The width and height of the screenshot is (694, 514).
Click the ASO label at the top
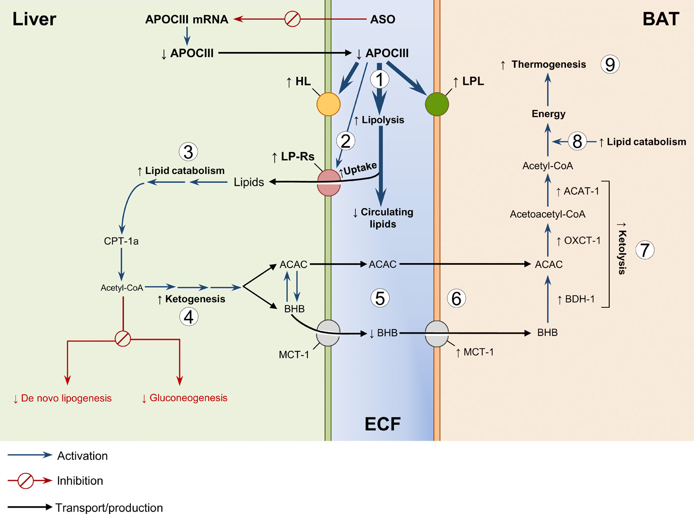[383, 19]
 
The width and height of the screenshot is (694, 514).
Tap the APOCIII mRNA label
[187, 19]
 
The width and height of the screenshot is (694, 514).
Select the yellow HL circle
[328, 104]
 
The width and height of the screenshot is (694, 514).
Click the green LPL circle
[437, 104]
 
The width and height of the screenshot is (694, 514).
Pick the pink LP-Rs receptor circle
[329, 182]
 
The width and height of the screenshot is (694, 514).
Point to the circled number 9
[610, 64]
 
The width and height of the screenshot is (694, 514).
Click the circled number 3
[188, 152]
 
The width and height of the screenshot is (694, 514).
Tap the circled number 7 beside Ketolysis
[644, 250]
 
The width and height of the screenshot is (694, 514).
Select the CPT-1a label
[121, 241]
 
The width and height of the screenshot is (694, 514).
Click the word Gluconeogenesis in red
[188, 398]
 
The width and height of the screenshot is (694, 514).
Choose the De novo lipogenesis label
[66, 398]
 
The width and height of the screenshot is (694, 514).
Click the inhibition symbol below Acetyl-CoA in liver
[122, 339]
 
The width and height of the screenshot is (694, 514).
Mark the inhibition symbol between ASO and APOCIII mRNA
[292, 19]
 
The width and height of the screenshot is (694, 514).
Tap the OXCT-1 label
[582, 240]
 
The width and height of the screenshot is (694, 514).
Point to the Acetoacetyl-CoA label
[547, 214]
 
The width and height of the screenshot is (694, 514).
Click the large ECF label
[382, 424]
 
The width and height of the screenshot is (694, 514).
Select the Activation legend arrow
[30, 455]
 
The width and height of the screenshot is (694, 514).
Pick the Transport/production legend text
[109, 508]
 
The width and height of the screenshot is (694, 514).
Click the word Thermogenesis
[548, 64]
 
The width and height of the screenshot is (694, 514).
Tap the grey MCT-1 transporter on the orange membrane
[437, 333]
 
